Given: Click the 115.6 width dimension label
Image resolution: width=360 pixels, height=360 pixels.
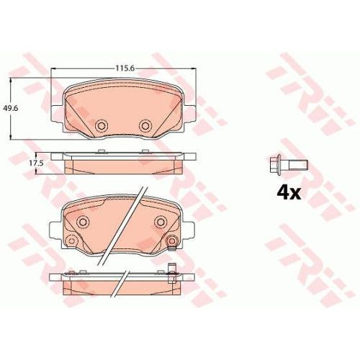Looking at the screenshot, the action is tap(125, 68).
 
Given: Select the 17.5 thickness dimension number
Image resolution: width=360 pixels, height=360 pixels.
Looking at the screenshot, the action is tap(36, 163).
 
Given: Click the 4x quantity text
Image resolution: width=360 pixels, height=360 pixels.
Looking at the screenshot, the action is tap(289, 193).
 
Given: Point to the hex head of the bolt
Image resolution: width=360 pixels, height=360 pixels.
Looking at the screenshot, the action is tap(275, 165).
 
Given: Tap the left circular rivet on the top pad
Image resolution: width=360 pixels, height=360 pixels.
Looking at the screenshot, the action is tap(100, 125).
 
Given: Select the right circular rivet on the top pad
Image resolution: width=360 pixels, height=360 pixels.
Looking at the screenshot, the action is tap(145, 125).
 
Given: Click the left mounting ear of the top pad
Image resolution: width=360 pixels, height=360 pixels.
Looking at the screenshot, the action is tap(57, 113).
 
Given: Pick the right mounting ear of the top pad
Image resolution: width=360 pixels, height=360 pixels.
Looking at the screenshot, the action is tap(191, 113).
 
